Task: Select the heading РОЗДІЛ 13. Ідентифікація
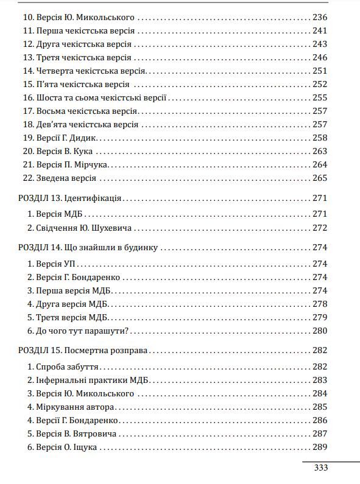tap(71, 198)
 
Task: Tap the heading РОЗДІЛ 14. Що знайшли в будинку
tap(88, 248)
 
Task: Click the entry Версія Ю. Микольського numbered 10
tap(78, 18)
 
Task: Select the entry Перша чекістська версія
tap(79, 31)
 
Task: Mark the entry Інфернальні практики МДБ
tap(88, 381)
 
